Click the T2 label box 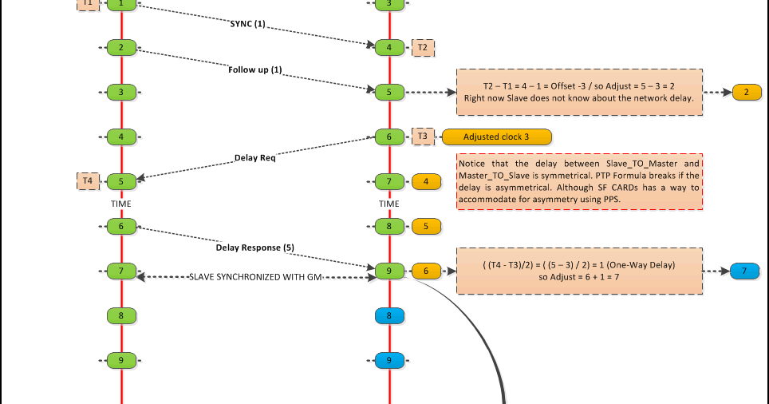pos(423,48)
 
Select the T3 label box pos(423,137)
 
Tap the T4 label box pos(88,181)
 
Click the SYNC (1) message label pos(247,24)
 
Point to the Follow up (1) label pos(255,69)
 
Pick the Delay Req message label pos(255,157)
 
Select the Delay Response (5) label pos(255,248)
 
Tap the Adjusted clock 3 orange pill pos(496,137)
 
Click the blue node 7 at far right pos(744,271)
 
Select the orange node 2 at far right pos(746,92)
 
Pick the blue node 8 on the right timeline pos(389,315)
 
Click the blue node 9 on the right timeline pos(389,360)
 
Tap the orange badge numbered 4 pos(426,181)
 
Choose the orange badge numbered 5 pos(426,226)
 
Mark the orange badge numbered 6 pos(426,271)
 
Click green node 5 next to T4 pos(121,181)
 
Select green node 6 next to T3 pos(389,137)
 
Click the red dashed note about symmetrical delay pos(579,181)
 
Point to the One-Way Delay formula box pos(579,271)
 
